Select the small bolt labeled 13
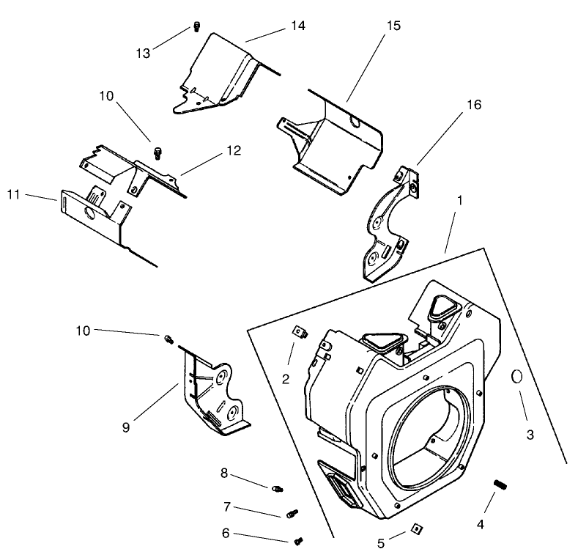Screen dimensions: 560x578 (196, 28)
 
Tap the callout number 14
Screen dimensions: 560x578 (297, 26)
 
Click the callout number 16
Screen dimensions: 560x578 (473, 105)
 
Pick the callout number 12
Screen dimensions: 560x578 (233, 150)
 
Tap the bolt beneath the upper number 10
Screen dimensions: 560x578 (156, 152)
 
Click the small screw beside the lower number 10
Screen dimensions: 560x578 (167, 338)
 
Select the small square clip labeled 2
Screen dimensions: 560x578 (298, 331)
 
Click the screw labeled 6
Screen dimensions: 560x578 (299, 542)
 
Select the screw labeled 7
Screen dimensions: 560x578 (292, 514)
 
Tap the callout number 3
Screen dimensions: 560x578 (530, 435)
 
